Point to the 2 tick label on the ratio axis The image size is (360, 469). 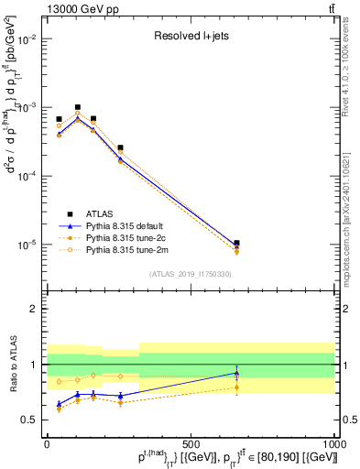[x=33, y=309]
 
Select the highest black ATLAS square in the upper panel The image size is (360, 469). [x=78, y=107]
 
